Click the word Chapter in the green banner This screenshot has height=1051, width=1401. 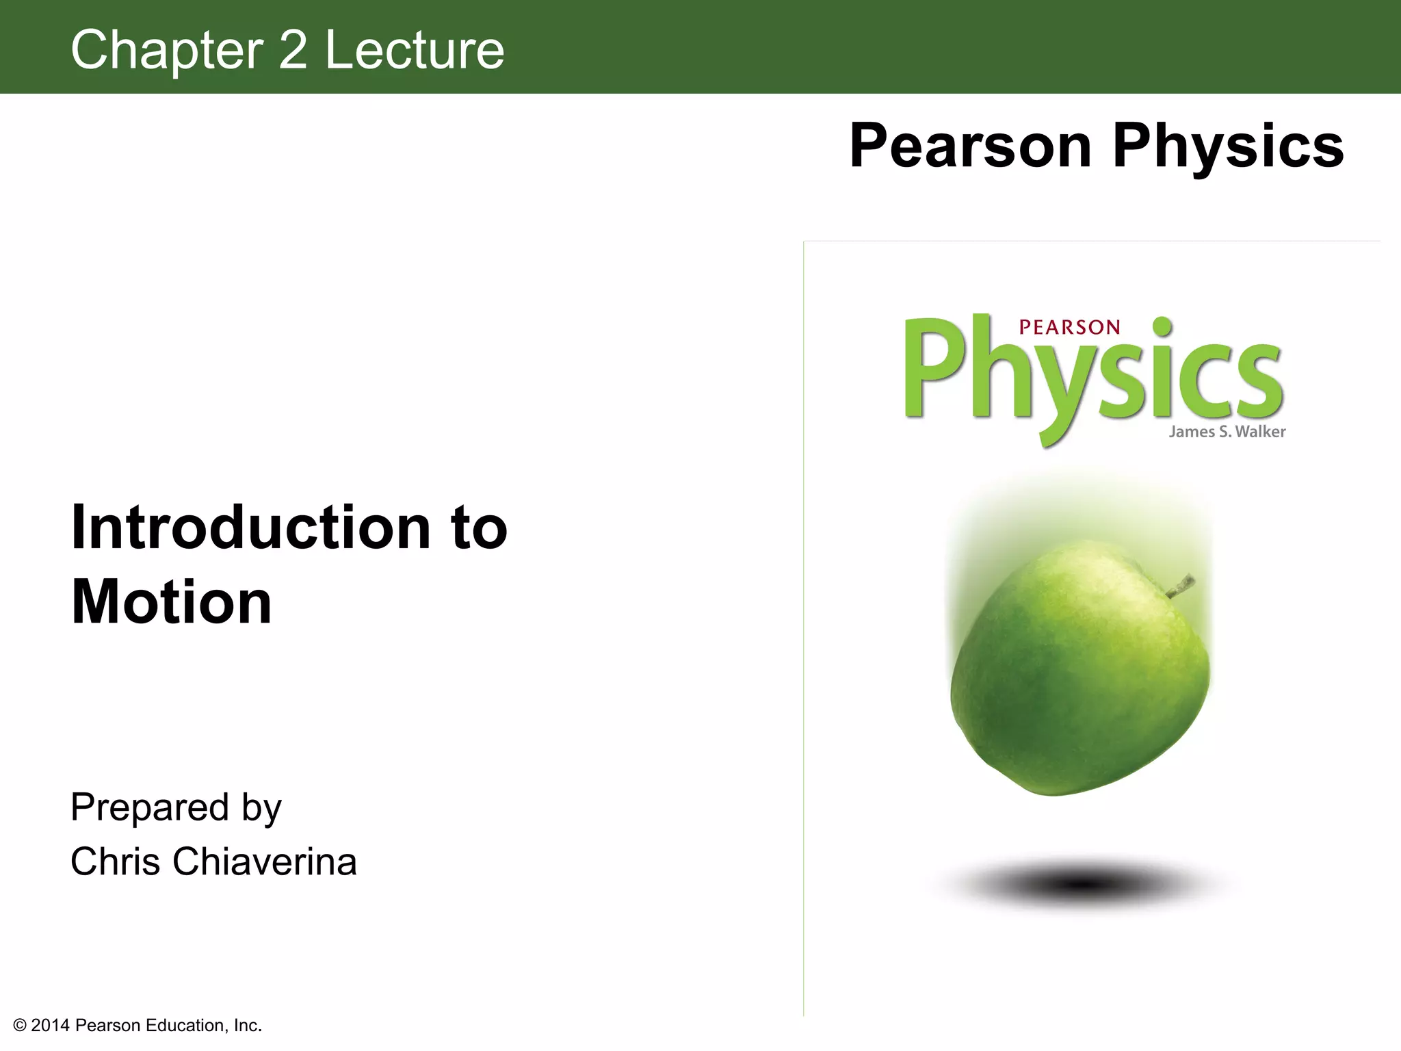coord(167,51)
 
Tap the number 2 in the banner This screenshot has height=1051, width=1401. coord(293,51)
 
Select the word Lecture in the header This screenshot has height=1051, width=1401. coord(414,51)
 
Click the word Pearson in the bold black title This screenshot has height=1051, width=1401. coord(969,146)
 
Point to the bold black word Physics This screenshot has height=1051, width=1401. coord(1228,146)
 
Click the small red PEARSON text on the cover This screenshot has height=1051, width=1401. coord(1069,328)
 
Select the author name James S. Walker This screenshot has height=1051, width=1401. coord(1227,432)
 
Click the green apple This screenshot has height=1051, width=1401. coord(1079,671)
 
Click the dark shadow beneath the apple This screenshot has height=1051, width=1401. coord(1081,884)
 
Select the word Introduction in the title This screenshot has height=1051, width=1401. coord(250,528)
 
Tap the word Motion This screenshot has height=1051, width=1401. coord(172,603)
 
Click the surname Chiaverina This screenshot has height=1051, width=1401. coord(265,861)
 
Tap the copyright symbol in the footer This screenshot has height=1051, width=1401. coord(20,1026)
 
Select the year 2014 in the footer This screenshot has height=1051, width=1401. coord(50,1026)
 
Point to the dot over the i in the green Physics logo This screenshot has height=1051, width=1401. coord(1162,327)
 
